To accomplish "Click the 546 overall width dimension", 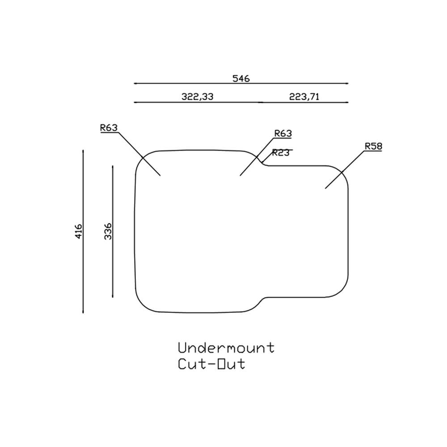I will (241, 78).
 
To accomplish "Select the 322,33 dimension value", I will (198, 97).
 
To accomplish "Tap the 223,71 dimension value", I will (304, 97).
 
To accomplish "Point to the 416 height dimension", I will (79, 232).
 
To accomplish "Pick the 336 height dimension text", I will (108, 232).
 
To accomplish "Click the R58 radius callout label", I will (373, 146).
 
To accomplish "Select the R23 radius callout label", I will (281, 153).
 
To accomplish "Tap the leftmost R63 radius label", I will (109, 128).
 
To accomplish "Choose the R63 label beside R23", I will (283, 133).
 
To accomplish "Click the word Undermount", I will (226, 348).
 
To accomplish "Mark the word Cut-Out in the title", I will (211, 364).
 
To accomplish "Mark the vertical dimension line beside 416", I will (83, 268).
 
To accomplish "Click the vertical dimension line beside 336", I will (112, 268).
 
